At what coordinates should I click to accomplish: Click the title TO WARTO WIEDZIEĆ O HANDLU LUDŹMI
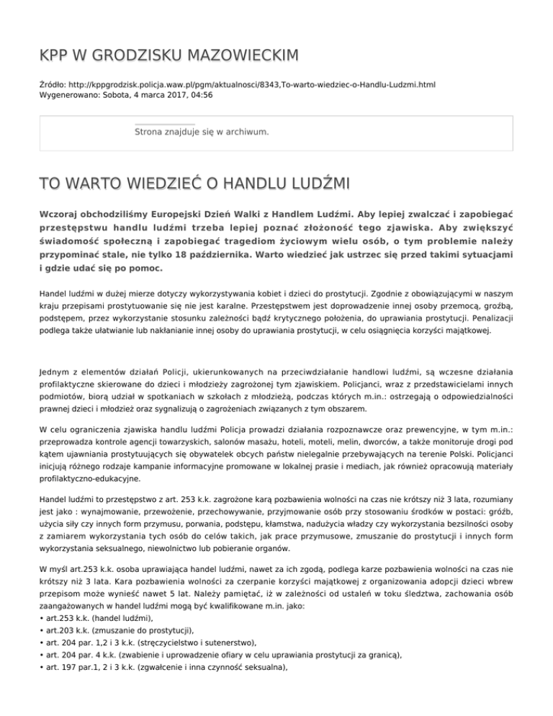pyautogui.click(x=184, y=186)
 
